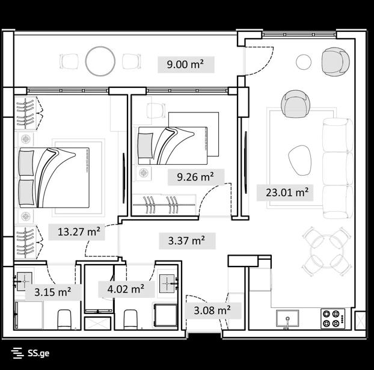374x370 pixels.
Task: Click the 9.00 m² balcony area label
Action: tap(185, 64)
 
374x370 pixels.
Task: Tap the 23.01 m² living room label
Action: tap(287, 192)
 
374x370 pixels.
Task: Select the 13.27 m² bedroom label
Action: tap(79, 232)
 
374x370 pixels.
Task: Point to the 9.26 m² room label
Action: tap(195, 177)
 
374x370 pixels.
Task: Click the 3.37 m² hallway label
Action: tap(186, 241)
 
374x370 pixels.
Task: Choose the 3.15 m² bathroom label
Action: tap(53, 292)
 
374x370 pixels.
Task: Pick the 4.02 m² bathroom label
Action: tap(126, 289)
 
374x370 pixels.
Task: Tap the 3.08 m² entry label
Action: tap(212, 310)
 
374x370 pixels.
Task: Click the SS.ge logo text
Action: tap(38, 353)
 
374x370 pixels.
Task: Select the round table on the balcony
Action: tap(100, 61)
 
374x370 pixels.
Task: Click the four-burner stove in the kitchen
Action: tap(333, 319)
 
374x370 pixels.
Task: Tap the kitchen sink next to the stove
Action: tap(287, 318)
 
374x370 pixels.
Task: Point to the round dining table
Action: tap(327, 251)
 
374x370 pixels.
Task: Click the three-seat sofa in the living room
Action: tap(337, 168)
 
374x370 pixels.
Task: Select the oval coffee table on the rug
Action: tap(300, 160)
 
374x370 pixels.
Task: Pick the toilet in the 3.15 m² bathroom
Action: tap(64, 319)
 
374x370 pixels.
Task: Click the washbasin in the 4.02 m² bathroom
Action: tap(167, 283)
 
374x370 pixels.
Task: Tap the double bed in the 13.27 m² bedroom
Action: tap(54, 177)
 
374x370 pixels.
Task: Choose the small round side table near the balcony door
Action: tap(304, 62)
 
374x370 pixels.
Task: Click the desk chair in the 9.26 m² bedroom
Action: tap(156, 110)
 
